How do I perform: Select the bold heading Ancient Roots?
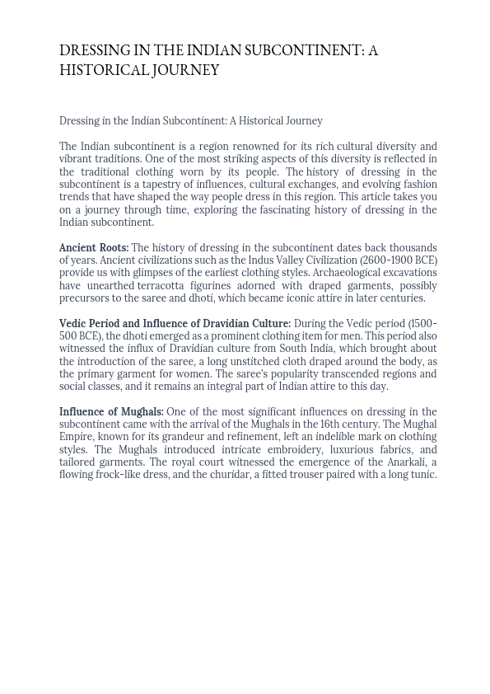click(x=94, y=248)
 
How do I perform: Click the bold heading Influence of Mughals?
click(x=111, y=412)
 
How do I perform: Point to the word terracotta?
click(x=161, y=286)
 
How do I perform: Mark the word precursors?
click(x=84, y=298)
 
